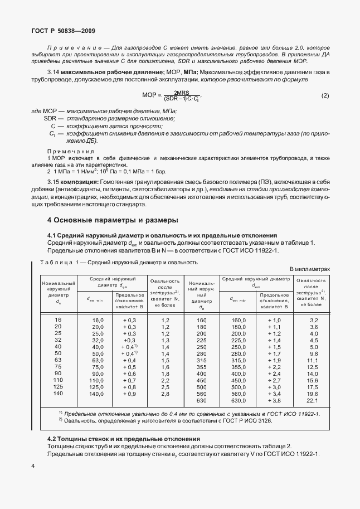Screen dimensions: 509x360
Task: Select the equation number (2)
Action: [325, 96]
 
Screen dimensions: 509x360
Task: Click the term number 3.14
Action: [53, 74]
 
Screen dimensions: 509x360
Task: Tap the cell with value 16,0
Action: [98, 320]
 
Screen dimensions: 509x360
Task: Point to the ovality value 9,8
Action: [313, 353]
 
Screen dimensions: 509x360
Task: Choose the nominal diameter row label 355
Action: [201, 367]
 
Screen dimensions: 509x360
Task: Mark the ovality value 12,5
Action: [313, 367]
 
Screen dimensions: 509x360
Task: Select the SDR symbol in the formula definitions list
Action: [51, 119]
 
